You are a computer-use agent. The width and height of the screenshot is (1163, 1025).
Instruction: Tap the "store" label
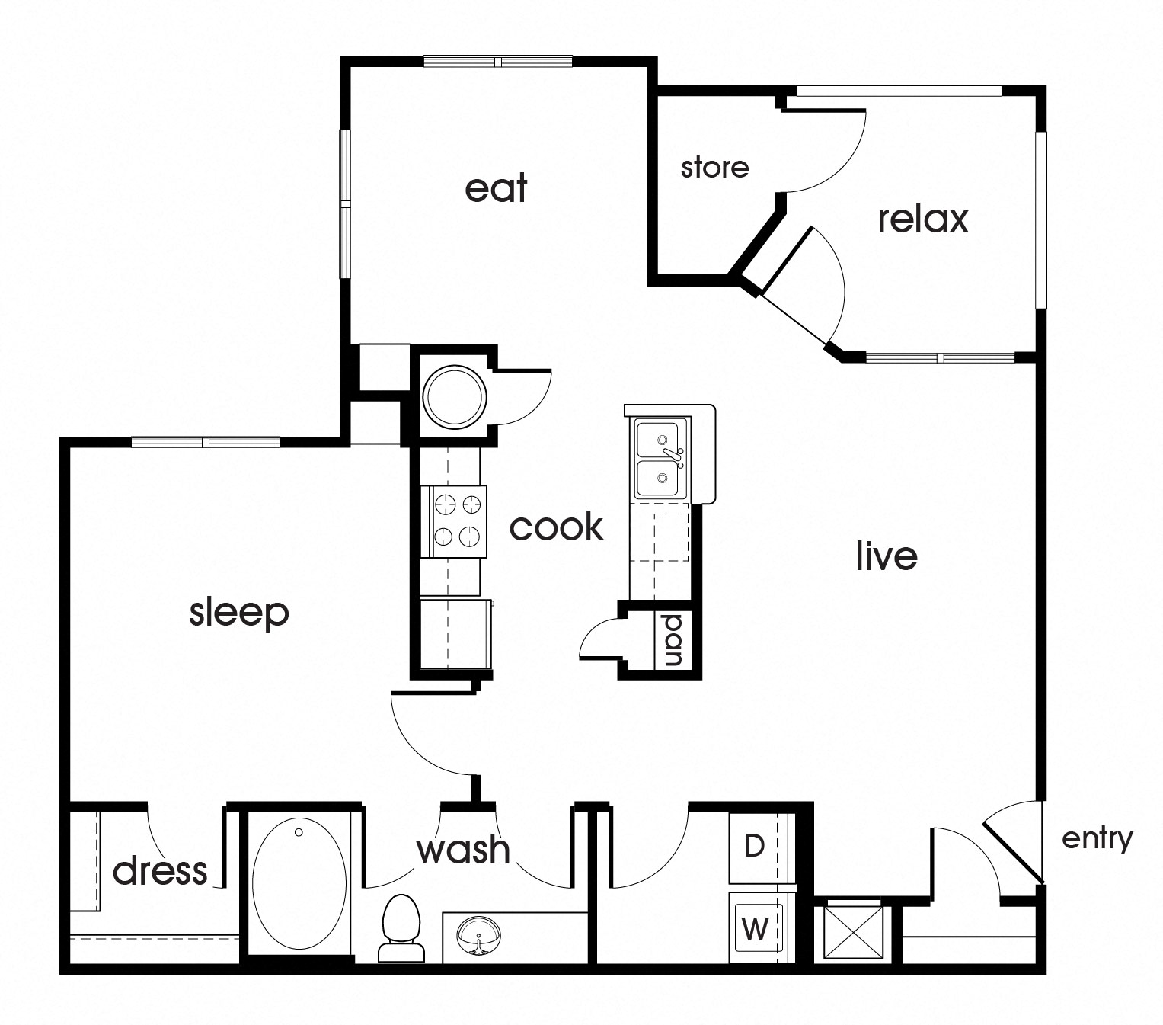click(714, 167)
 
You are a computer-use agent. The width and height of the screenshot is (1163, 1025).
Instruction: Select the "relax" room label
click(922, 219)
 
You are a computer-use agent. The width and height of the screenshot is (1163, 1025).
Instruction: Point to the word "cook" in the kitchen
click(556, 527)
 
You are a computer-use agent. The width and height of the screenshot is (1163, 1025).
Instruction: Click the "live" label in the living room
click(886, 556)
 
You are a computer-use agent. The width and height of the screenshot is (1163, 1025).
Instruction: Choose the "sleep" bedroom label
click(239, 613)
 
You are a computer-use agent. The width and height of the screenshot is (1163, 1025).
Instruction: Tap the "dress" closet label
click(160, 870)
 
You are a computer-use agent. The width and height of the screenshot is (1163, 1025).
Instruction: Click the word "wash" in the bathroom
click(463, 849)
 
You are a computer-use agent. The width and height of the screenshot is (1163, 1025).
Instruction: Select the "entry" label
click(1097, 838)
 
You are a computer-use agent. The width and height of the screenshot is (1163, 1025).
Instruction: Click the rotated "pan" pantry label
click(673, 641)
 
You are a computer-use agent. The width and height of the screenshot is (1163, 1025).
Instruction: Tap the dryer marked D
click(754, 846)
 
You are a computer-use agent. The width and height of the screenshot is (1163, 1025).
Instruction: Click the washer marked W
click(755, 928)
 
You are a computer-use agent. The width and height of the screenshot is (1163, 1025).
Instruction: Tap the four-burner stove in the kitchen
click(459, 521)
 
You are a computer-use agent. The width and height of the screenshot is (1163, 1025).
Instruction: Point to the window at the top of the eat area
click(497, 62)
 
